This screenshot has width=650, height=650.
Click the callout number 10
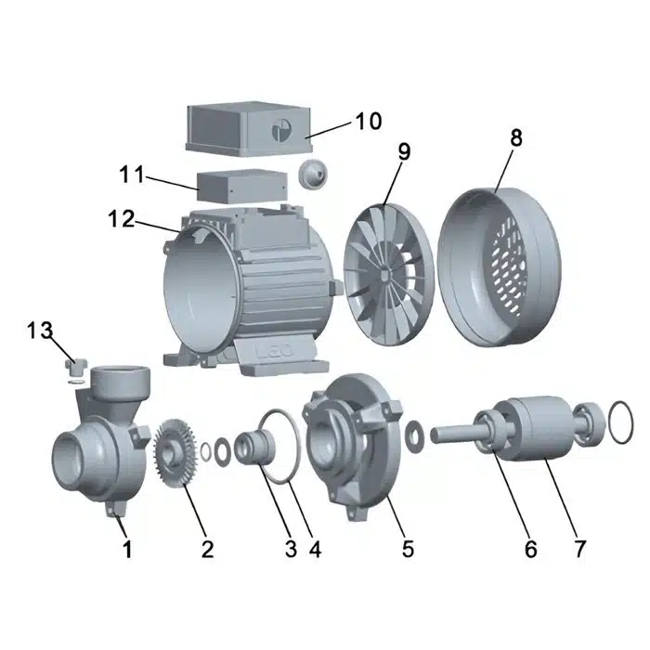pyautogui.click(x=368, y=122)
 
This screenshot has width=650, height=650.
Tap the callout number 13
pyautogui.click(x=40, y=331)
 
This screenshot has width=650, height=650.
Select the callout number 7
pyautogui.click(x=579, y=549)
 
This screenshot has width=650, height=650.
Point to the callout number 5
pyautogui.click(x=409, y=549)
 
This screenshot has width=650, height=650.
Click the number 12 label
pyautogui.click(x=122, y=218)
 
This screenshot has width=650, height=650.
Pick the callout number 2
pyautogui.click(x=207, y=549)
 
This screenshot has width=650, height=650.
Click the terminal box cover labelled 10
pyautogui.click(x=248, y=129)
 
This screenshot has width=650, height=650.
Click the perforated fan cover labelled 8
pyautogui.click(x=499, y=266)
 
